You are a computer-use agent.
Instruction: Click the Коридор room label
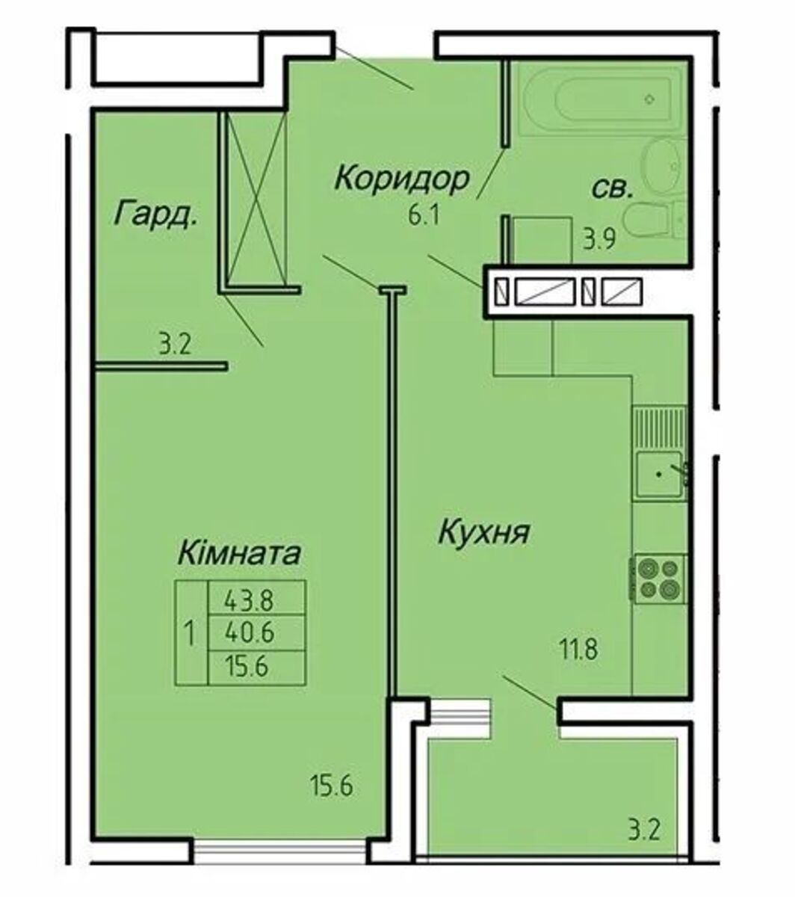pyautogui.click(x=401, y=179)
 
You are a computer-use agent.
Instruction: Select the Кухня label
pyautogui.click(x=484, y=532)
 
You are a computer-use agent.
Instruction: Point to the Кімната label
pyautogui.click(x=239, y=553)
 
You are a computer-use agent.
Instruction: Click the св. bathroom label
pyautogui.click(x=612, y=190)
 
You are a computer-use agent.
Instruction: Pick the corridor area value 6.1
pyautogui.click(x=424, y=217)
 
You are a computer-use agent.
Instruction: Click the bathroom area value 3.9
pyautogui.click(x=599, y=241)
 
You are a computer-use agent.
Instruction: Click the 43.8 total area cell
pyautogui.click(x=250, y=601)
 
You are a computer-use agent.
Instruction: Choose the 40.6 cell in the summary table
pyautogui.click(x=250, y=632)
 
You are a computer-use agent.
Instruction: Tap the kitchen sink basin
pyautogui.click(x=659, y=475)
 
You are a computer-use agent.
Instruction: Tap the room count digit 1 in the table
pyautogui.click(x=191, y=633)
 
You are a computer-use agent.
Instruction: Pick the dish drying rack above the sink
pyautogui.click(x=660, y=428)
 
